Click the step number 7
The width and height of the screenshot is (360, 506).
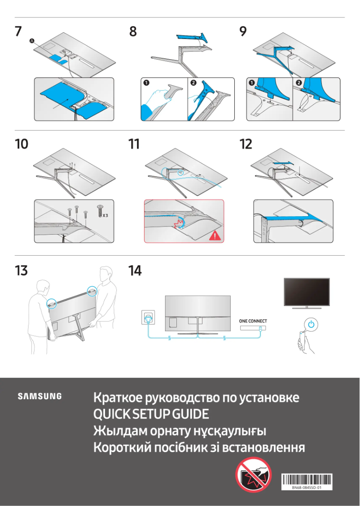pos(18,32)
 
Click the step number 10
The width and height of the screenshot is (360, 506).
pos(21,144)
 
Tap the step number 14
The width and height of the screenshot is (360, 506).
pos(135,271)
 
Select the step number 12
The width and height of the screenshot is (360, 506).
pos(246,144)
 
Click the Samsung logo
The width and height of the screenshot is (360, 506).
pos(40,396)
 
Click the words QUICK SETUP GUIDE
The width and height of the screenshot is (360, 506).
pos(151,414)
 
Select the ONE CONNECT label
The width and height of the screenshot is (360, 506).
pos(253,321)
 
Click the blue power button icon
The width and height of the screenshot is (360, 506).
pos(313,324)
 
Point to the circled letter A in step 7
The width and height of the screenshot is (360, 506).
pos(32,41)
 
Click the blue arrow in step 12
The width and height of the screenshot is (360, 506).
pos(283,163)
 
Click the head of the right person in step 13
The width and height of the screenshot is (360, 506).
pos(106,273)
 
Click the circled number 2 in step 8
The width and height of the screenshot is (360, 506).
pos(193,83)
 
